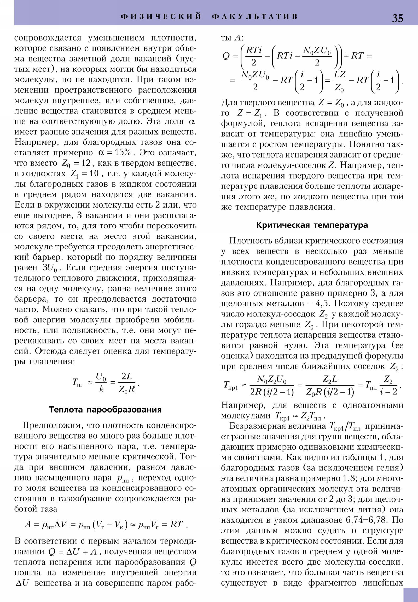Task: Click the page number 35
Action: pos(397,18)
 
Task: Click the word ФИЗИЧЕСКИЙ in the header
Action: pos(161,16)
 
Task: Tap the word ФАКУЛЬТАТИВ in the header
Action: pos(255,16)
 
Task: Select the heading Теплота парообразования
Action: pos(105,409)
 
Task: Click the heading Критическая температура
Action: pos(312,225)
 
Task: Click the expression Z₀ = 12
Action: pos(76,163)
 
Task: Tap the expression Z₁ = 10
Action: pos(84,174)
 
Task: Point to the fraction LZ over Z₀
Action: pos(339,81)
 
